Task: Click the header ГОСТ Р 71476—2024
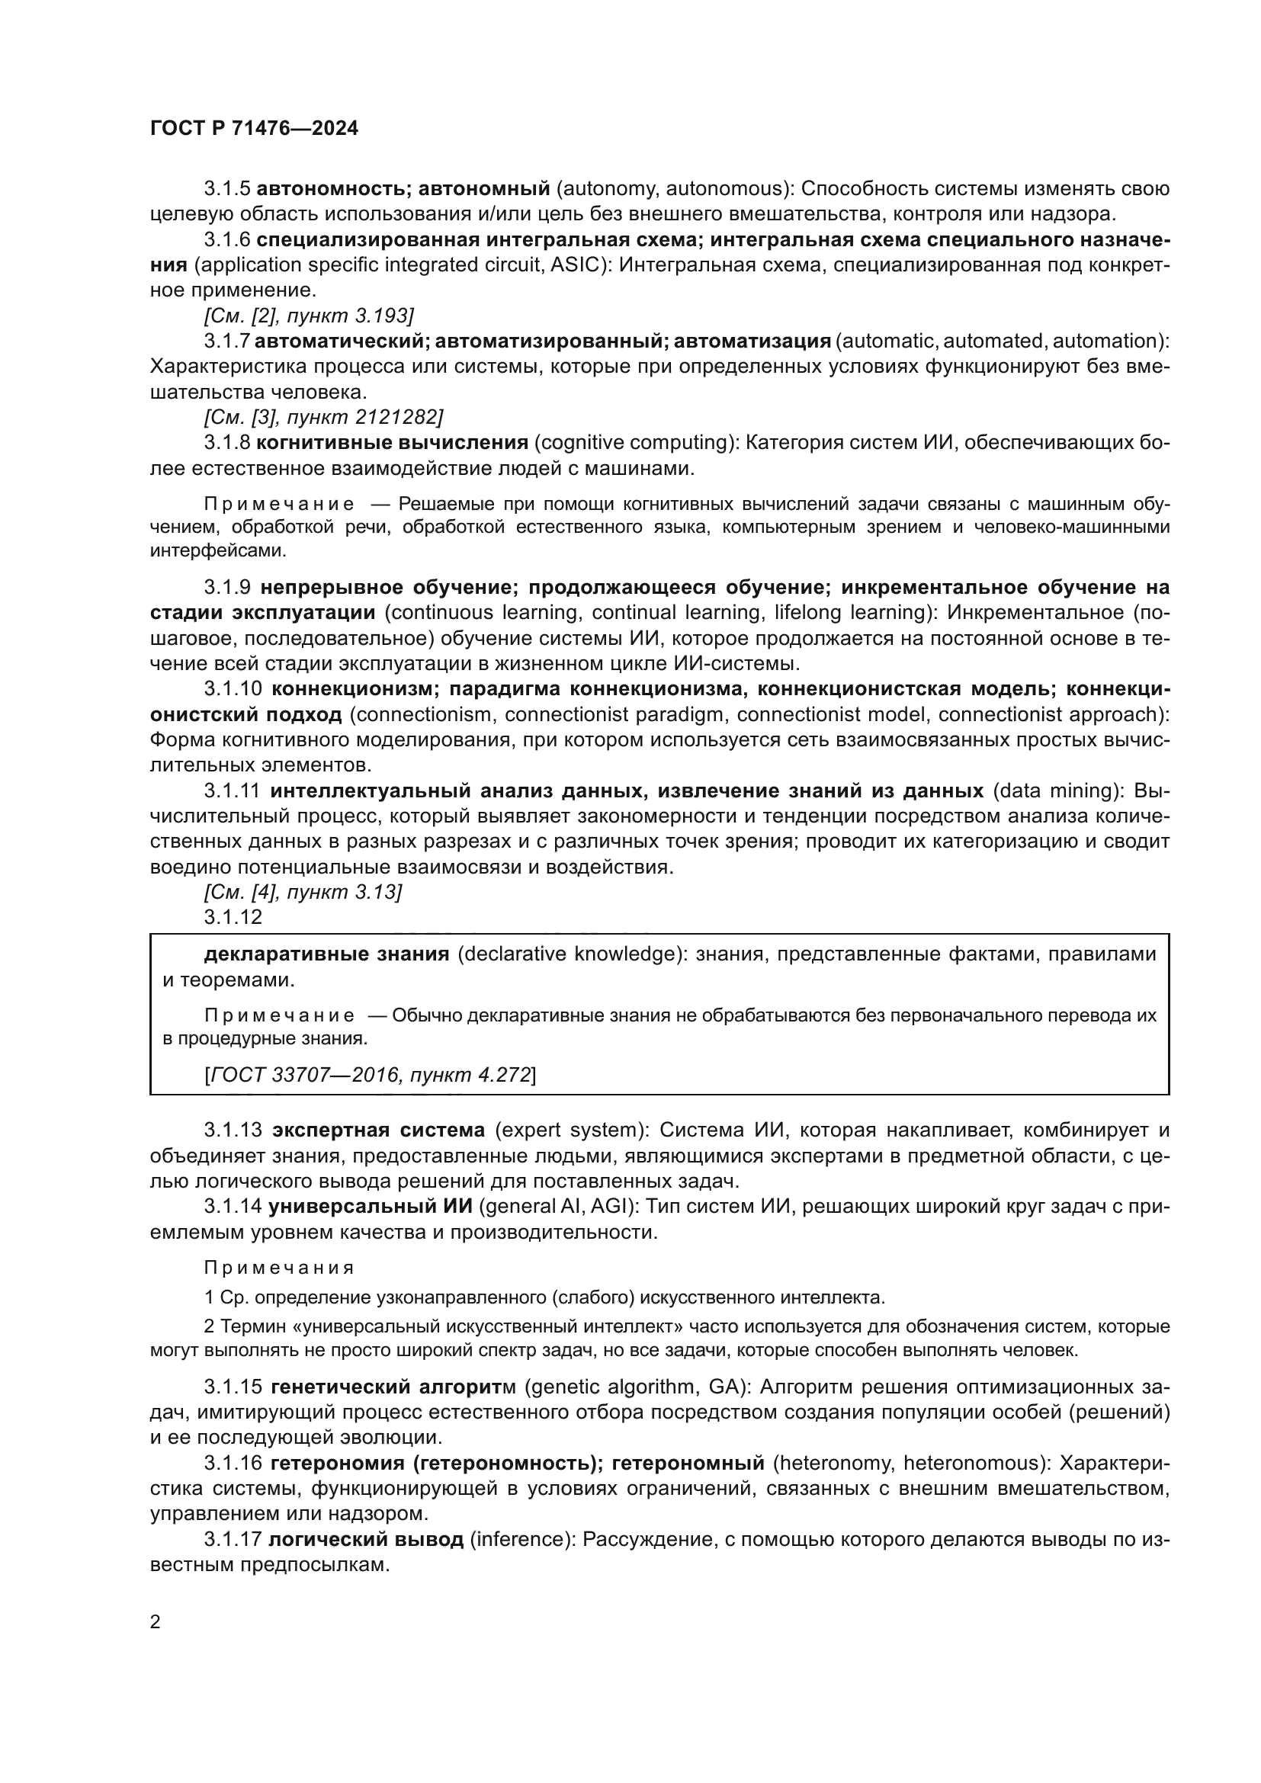254,129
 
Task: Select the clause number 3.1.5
226,189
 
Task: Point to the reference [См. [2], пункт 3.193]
308,316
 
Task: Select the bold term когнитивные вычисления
392,443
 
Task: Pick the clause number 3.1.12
233,917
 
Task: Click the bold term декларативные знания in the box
326,954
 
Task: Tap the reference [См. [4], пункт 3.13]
303,893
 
